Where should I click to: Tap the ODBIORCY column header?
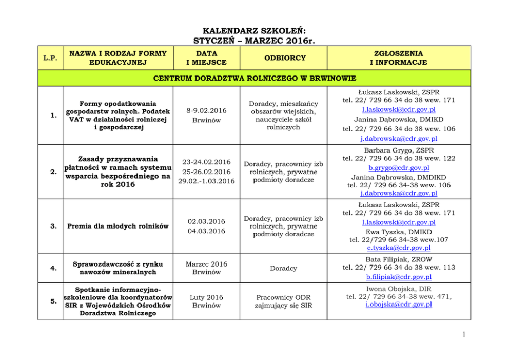pos(284,58)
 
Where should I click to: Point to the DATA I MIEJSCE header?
pos(206,58)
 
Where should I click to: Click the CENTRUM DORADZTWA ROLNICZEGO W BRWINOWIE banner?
pos(254,79)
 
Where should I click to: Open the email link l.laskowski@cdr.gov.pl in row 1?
pos(398,109)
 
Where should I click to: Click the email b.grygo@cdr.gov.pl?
pos(399,168)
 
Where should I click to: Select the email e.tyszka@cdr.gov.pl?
pos(399,248)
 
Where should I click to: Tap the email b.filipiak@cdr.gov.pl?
pos(399,277)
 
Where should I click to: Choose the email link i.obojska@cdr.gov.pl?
pos(399,304)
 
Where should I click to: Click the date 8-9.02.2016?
pos(206,110)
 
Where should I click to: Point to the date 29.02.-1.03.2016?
pos(206,181)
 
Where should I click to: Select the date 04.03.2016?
pos(206,231)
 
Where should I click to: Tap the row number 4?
pos(52,268)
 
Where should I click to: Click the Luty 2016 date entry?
pos(206,297)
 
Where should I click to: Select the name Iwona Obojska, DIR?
pos(399,289)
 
